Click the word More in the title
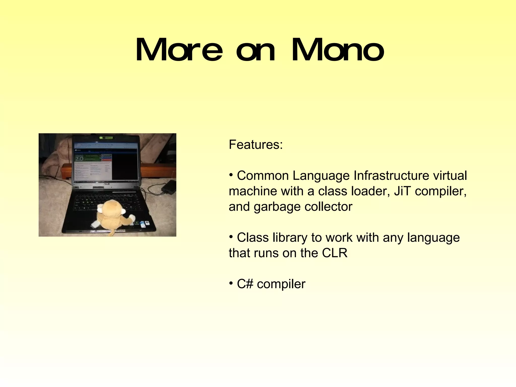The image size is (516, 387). [179, 50]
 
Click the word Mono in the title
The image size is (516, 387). [338, 50]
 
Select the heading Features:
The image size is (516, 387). [256, 145]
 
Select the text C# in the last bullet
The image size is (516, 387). [245, 284]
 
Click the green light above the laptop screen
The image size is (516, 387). [106, 138]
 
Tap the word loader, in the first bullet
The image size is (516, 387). [370, 191]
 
